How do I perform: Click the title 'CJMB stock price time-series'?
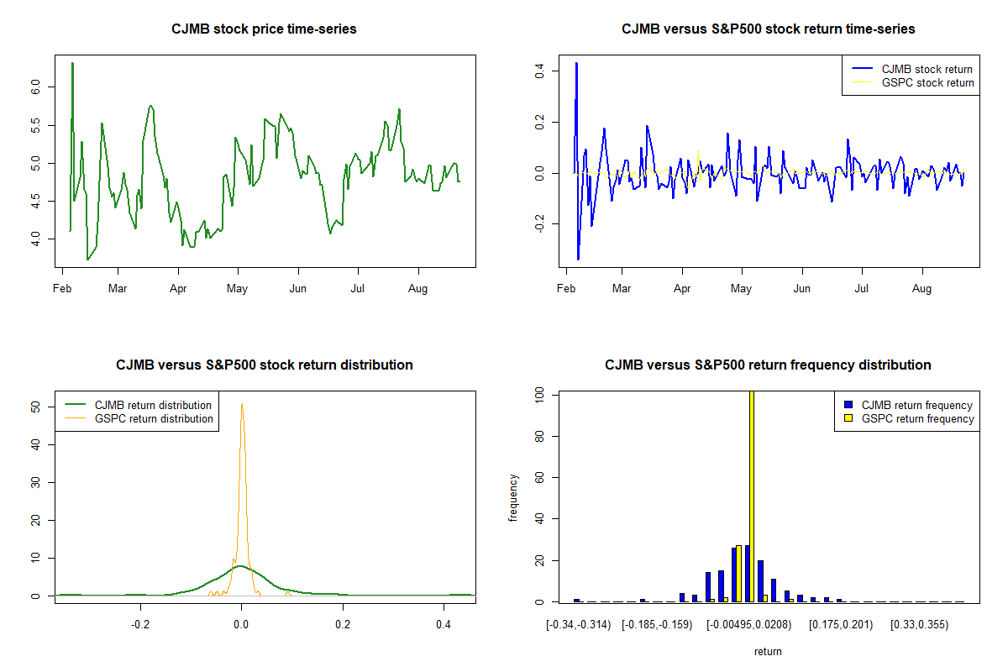[x=264, y=29]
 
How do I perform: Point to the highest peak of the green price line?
[x=72, y=63]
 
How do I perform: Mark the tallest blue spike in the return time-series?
[x=576, y=63]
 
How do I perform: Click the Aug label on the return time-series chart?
[x=921, y=289]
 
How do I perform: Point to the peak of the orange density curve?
[x=242, y=404]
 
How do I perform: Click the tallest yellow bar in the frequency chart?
[x=751, y=496]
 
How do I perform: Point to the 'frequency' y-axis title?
[x=513, y=497]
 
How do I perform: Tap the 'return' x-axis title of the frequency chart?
[x=768, y=651]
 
